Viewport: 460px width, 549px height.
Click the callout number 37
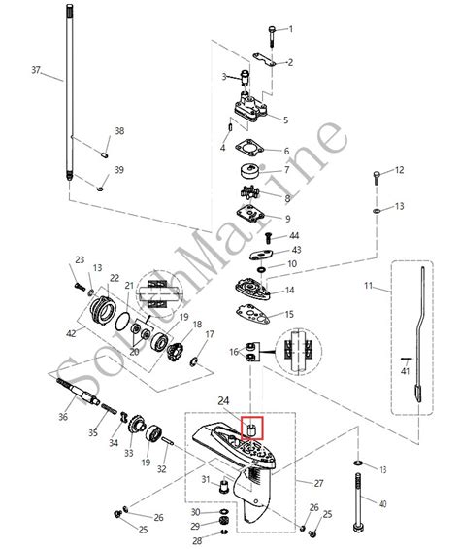click(36, 70)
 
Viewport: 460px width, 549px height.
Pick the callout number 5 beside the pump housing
click(284, 120)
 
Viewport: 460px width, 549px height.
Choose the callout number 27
click(317, 482)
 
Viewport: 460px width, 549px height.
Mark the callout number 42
click(69, 333)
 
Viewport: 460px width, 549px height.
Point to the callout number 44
click(294, 236)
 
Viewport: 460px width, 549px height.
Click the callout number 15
click(287, 314)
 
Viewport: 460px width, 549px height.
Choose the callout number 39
click(119, 170)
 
